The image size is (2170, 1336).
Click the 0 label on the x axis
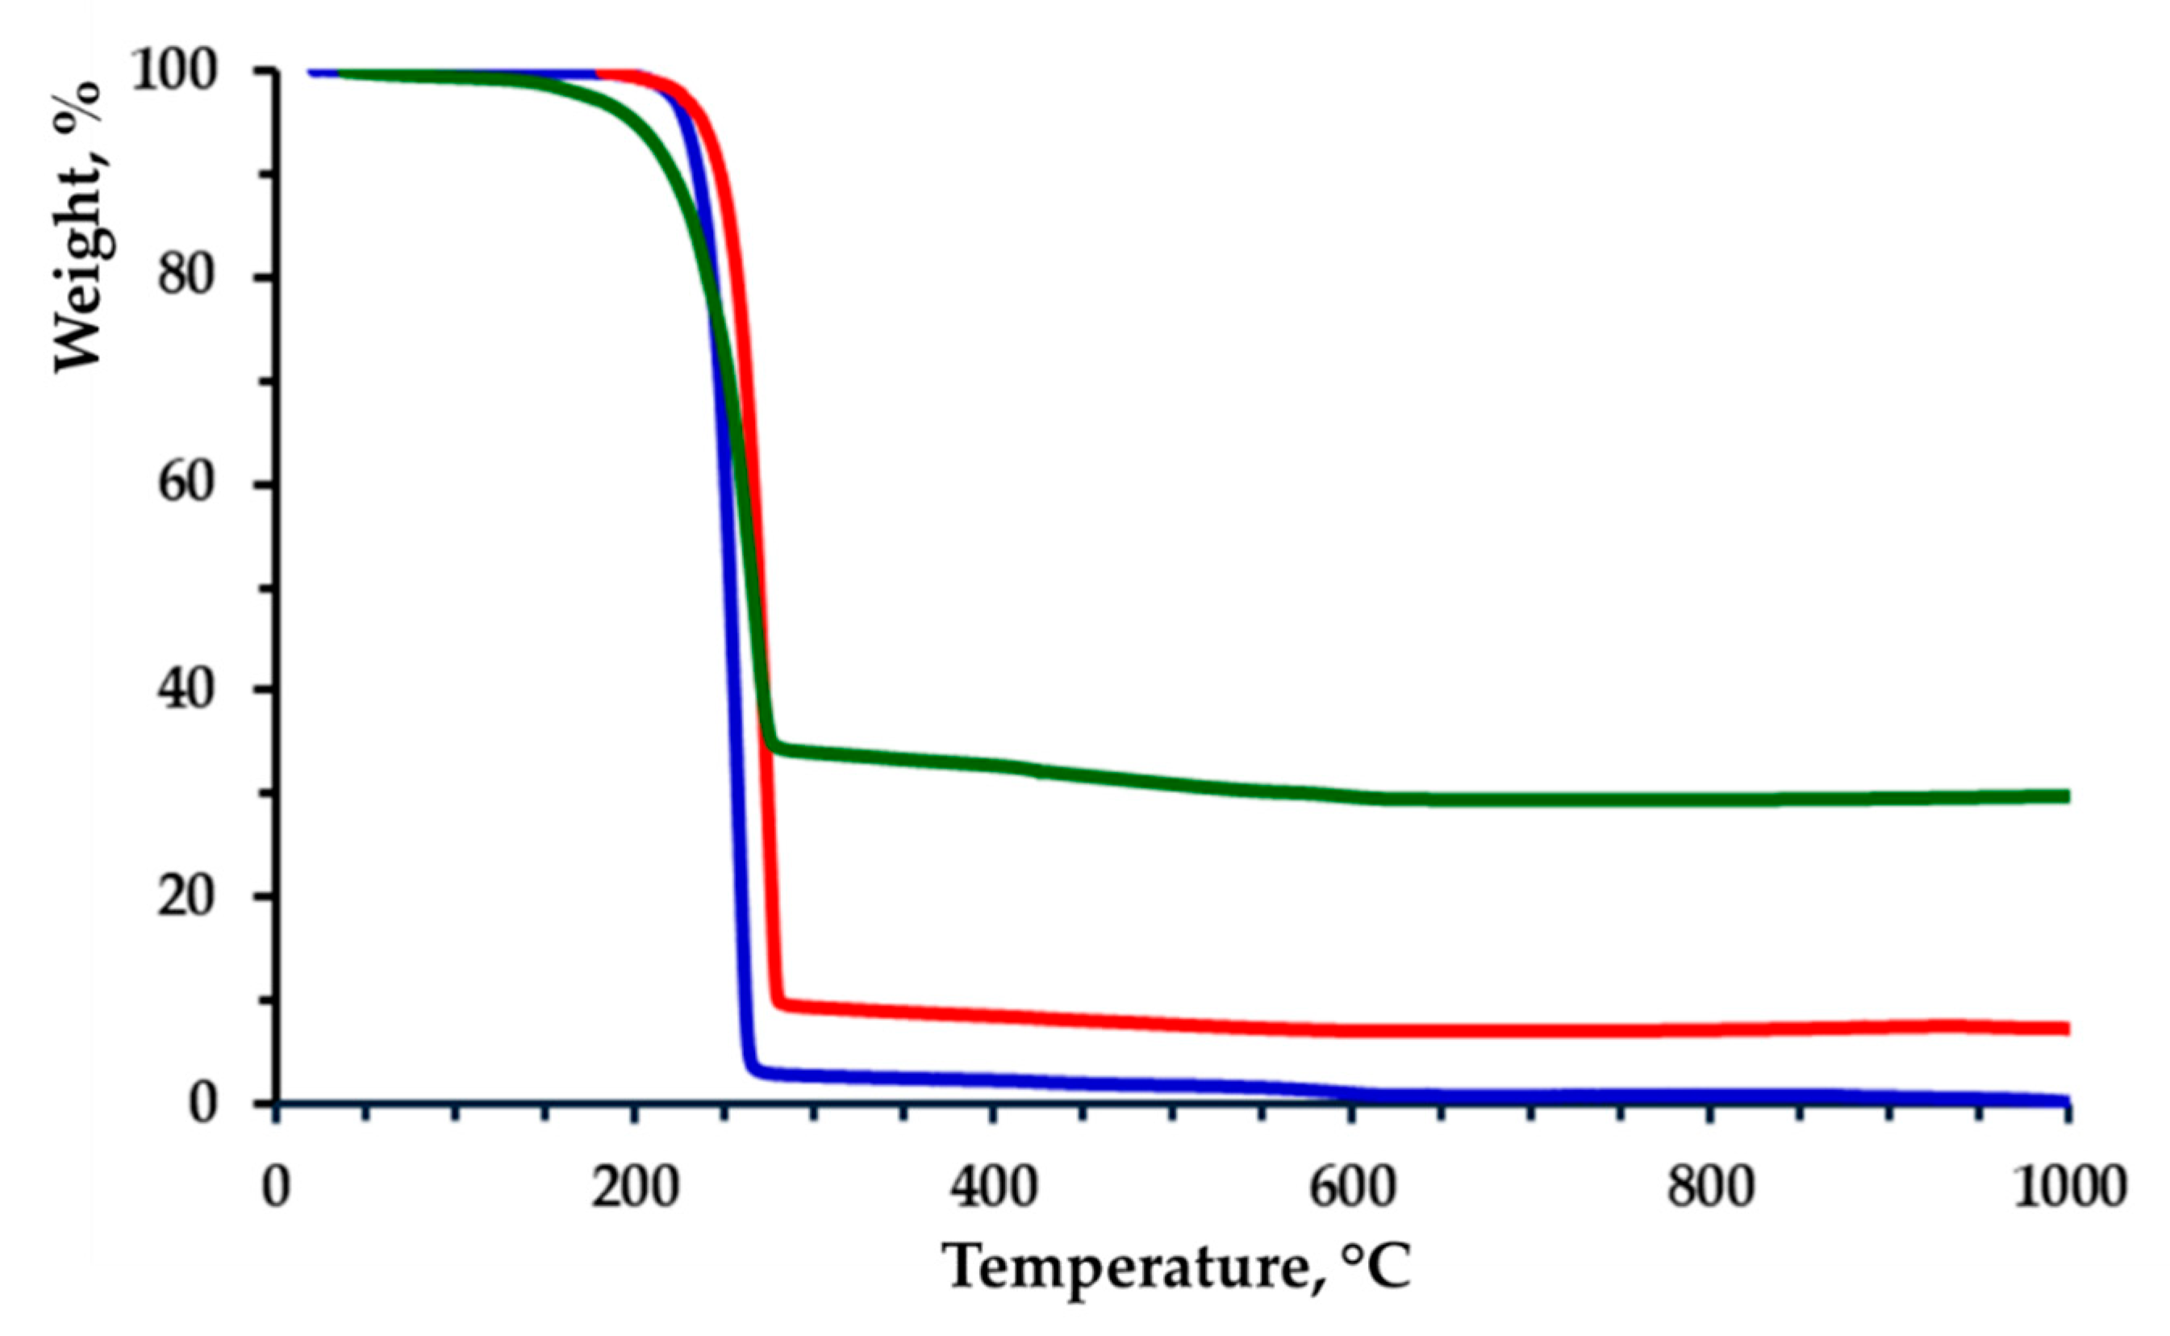(277, 1188)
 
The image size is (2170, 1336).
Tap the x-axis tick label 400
(994, 1188)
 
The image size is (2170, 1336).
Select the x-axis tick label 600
(1352, 1188)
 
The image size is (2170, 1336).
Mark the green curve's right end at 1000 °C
(2066, 796)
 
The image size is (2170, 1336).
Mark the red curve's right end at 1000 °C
(2066, 1029)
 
